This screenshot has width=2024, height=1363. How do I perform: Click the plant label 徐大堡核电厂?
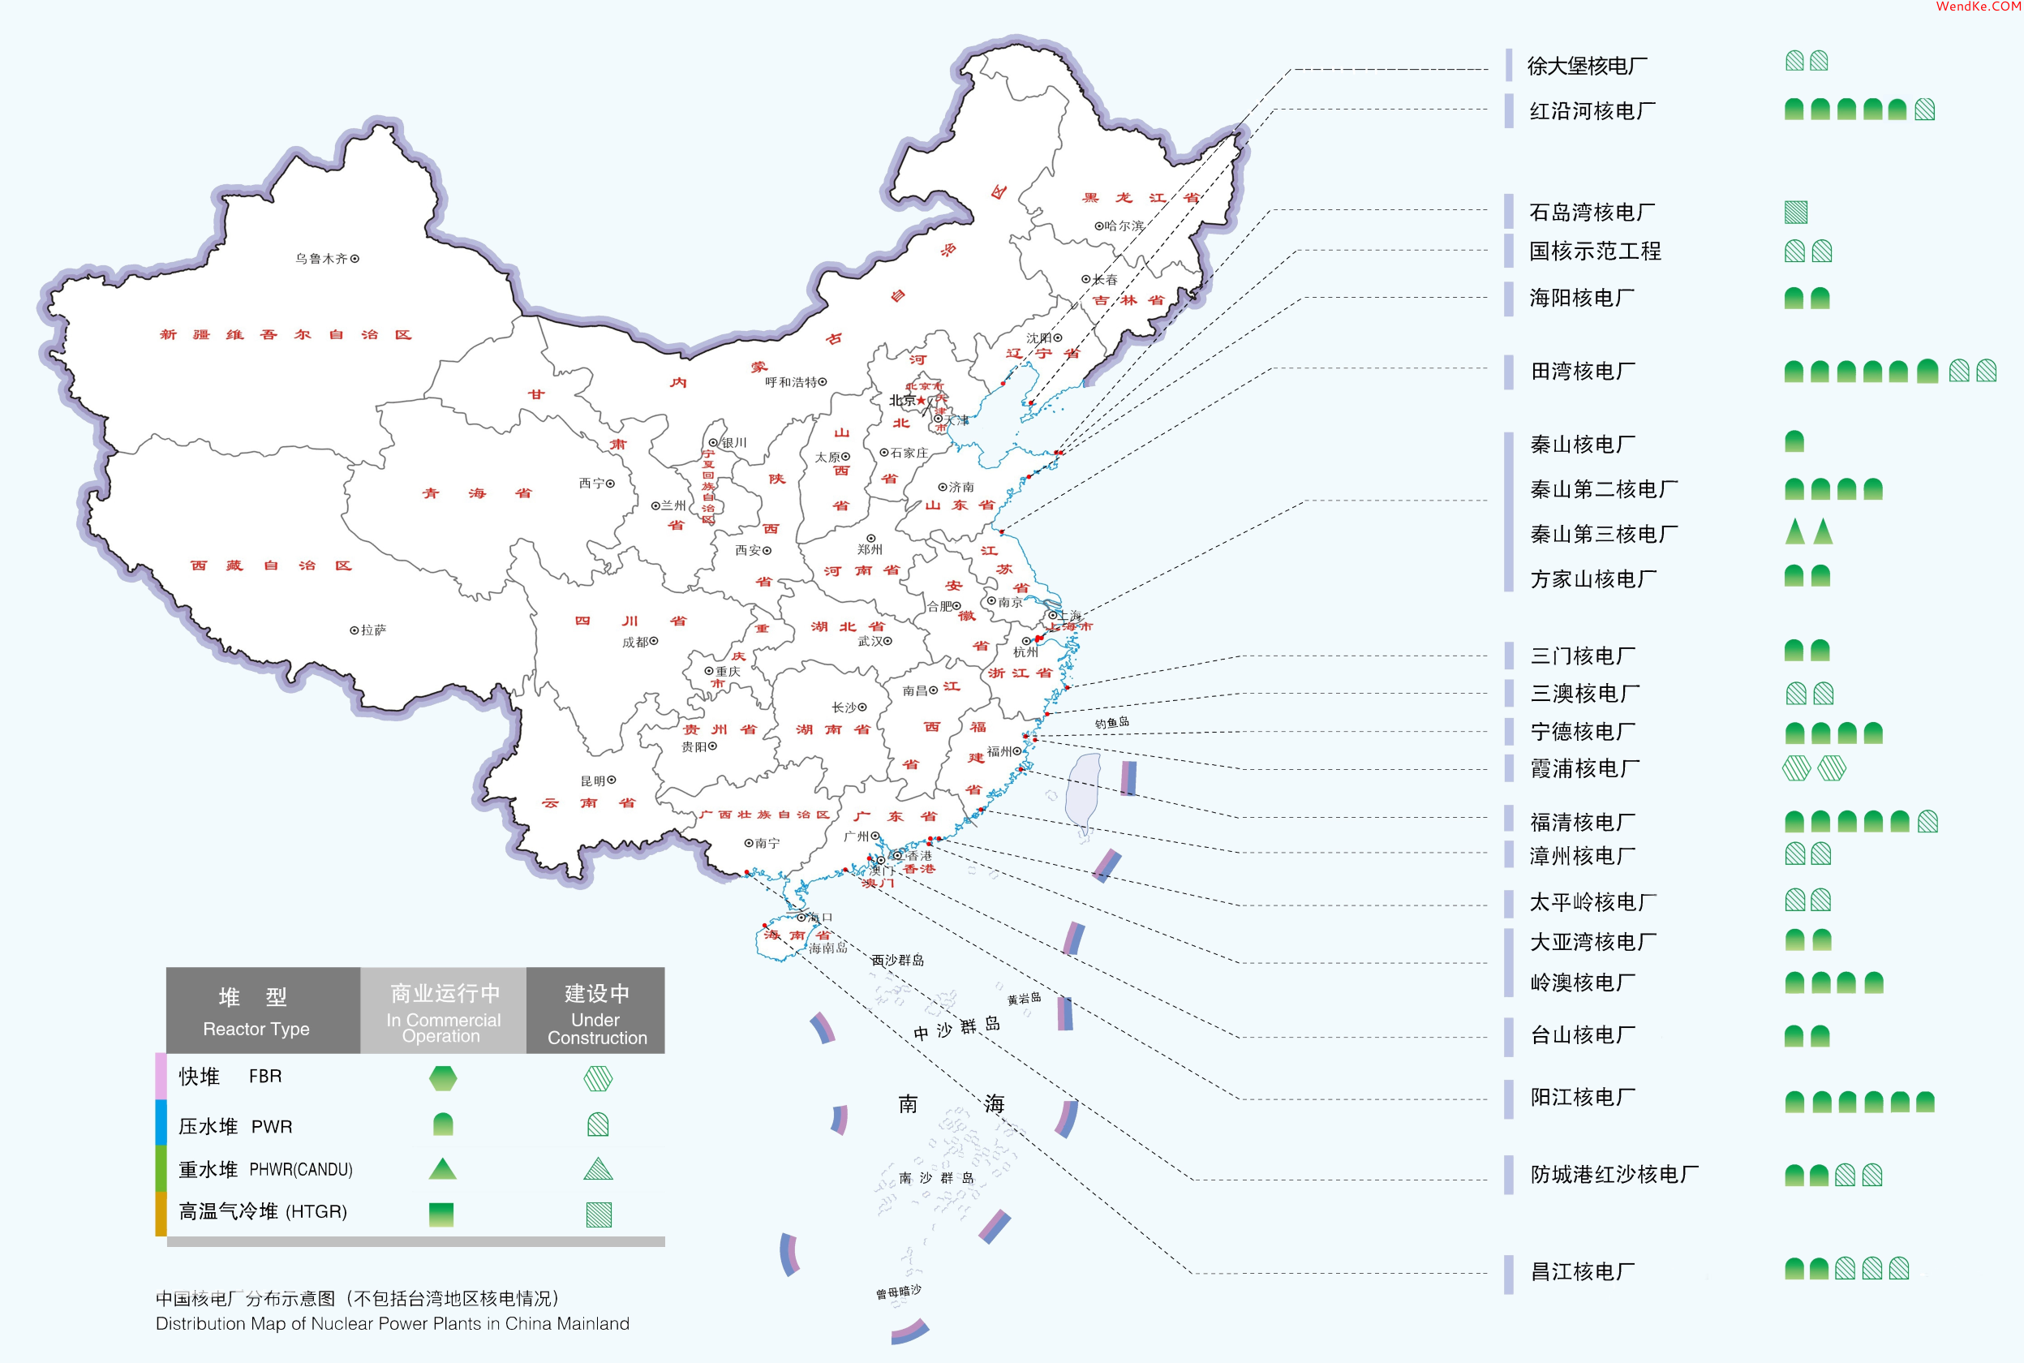pyautogui.click(x=1587, y=66)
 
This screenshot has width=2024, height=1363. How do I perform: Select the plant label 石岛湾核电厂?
pyautogui.click(x=1592, y=212)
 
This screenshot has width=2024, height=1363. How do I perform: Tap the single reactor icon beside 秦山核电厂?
pyautogui.click(x=1794, y=441)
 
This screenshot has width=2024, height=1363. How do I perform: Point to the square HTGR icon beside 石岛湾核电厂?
pyautogui.click(x=1795, y=212)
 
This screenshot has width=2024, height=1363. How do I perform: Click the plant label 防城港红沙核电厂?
pyautogui.click(x=1614, y=1175)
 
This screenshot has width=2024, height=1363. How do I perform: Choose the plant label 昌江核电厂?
pyautogui.click(x=1583, y=1272)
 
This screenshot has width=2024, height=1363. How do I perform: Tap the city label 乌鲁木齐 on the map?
pyautogui.click(x=320, y=258)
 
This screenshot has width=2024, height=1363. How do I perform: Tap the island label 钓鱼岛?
pyautogui.click(x=1111, y=722)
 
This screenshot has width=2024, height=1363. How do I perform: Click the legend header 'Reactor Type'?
pyautogui.click(x=256, y=1029)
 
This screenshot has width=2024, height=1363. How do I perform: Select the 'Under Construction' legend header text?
pyautogui.click(x=597, y=1029)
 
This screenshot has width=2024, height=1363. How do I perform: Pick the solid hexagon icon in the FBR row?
pyautogui.click(x=443, y=1079)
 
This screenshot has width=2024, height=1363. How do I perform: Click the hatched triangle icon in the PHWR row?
pyautogui.click(x=598, y=1169)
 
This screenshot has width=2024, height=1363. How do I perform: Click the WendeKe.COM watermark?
pyautogui.click(x=1978, y=7)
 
